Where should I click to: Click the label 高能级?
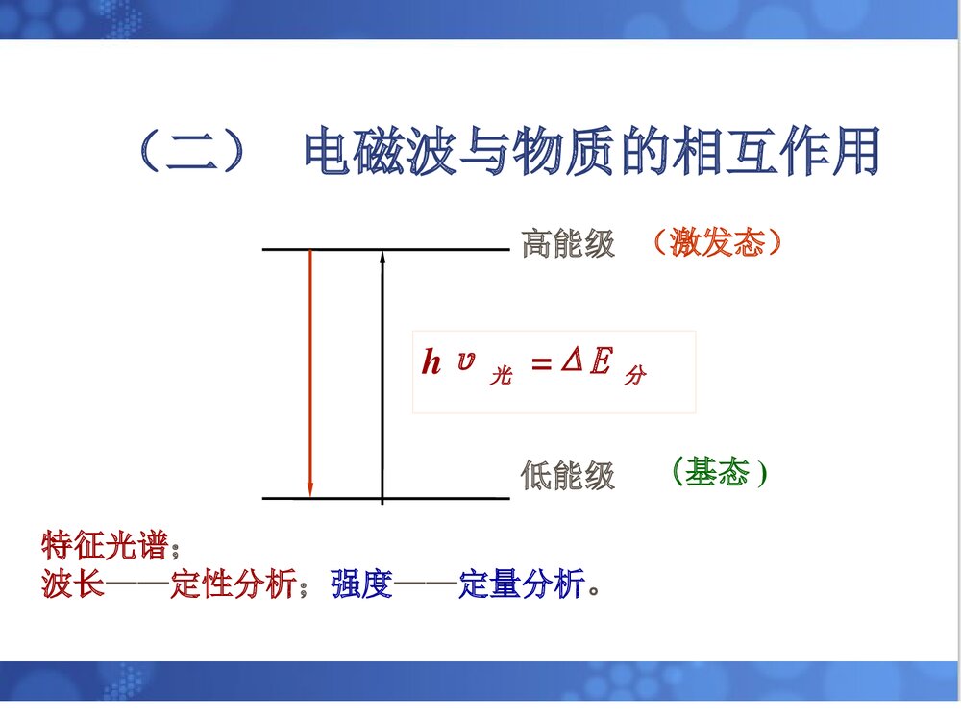coord(568,244)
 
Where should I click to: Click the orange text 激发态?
coord(717,241)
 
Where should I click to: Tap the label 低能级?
coord(568,475)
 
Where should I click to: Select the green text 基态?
coord(719,472)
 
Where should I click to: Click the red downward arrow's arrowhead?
coord(309,490)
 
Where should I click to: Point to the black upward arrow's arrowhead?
coord(382,257)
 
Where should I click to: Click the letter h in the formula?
coord(431,363)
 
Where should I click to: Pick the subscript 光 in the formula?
coord(500,377)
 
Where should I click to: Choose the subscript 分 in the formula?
coord(634,377)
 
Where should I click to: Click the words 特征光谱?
coord(105,546)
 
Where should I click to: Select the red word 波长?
coord(73,584)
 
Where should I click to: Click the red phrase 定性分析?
coord(233,584)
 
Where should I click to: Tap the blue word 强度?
coord(362,584)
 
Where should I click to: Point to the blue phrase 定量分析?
coord(521,584)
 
